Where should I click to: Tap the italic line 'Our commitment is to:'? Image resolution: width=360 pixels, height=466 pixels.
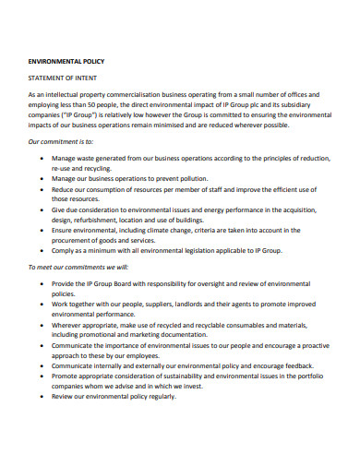tap(62, 141)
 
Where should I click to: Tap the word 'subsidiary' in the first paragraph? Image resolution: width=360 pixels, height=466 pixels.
tap(306, 103)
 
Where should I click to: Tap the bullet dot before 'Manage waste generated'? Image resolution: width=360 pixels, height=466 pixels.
tap(44, 160)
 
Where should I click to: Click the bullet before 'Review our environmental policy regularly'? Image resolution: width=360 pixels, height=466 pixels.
tap(44, 396)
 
